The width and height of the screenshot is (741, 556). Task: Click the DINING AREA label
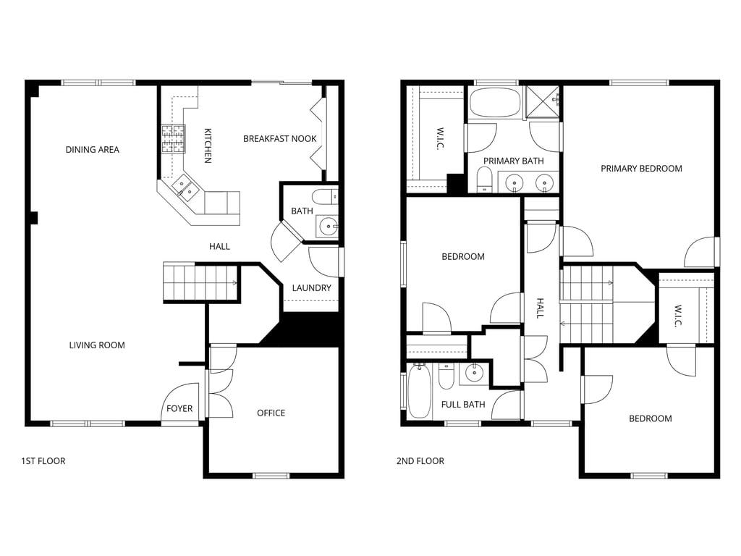click(x=92, y=150)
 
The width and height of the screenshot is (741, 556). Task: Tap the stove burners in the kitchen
click(x=173, y=138)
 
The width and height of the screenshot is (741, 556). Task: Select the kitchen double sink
click(x=186, y=189)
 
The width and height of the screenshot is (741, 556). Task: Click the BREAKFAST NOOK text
click(x=279, y=139)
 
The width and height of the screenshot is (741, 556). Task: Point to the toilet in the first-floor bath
click(x=324, y=196)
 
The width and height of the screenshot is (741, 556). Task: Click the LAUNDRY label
click(x=311, y=288)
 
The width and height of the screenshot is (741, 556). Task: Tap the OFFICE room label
click(x=271, y=413)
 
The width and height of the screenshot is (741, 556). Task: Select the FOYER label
click(x=179, y=409)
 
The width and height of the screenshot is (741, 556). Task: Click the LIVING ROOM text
click(x=97, y=345)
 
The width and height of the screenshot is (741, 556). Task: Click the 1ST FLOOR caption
click(x=43, y=461)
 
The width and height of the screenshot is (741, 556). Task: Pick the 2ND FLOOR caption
click(x=420, y=461)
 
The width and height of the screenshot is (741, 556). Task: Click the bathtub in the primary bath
click(x=495, y=103)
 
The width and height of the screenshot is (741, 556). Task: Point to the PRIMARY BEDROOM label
click(x=641, y=169)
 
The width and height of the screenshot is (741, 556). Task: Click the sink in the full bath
click(x=474, y=374)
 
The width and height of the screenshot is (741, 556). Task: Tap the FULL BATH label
click(x=463, y=405)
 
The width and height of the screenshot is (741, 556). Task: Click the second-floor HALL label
click(x=541, y=308)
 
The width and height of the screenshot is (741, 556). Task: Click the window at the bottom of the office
click(x=271, y=476)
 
